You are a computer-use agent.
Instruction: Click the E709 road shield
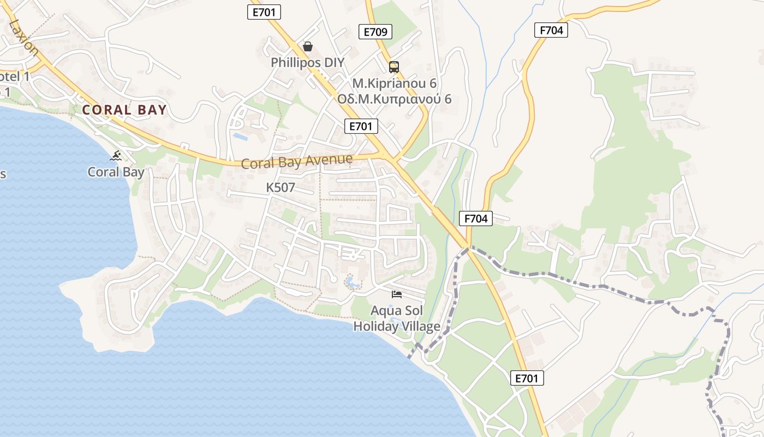tap(375, 32)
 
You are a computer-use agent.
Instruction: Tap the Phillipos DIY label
tap(308, 63)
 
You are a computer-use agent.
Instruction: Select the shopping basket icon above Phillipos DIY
tap(308, 46)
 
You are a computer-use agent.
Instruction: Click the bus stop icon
tap(393, 67)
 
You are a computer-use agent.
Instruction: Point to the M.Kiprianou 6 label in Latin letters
tap(394, 84)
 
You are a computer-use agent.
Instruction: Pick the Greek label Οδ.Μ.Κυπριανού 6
tap(394, 99)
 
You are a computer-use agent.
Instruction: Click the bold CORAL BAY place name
tap(124, 110)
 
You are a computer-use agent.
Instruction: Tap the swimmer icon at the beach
tap(116, 156)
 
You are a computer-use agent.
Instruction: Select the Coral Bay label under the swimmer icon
tap(116, 172)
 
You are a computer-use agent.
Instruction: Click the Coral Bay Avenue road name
tap(297, 162)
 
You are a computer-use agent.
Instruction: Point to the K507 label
tap(280, 188)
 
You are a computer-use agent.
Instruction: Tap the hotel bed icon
tap(397, 294)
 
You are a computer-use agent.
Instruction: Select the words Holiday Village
tap(397, 327)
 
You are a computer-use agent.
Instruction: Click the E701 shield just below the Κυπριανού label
tap(361, 126)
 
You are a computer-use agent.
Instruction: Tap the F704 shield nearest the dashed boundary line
tap(476, 218)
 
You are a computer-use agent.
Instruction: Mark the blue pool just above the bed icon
tap(351, 283)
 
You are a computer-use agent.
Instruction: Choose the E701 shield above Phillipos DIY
tap(264, 12)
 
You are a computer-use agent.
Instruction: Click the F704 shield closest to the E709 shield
tap(551, 30)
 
